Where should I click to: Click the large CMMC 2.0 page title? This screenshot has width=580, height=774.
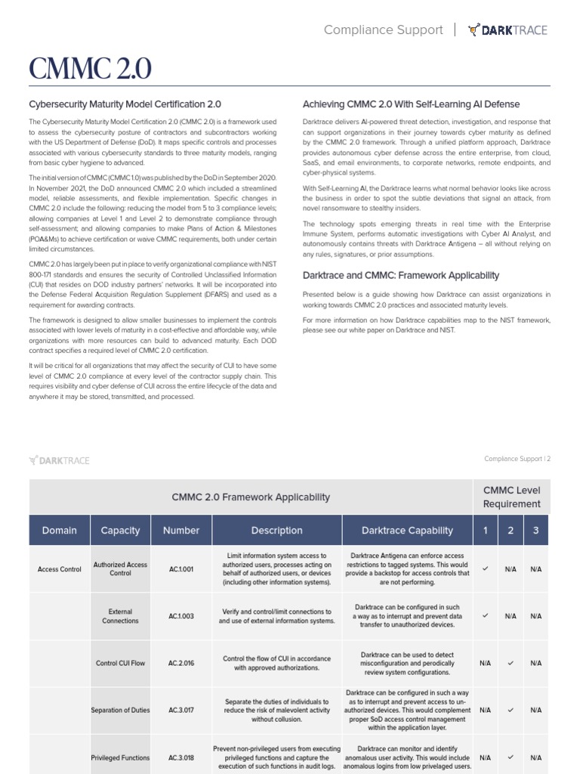(x=90, y=69)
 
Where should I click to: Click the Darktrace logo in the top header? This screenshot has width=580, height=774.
(x=507, y=30)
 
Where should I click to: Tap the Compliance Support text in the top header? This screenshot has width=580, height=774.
(x=383, y=30)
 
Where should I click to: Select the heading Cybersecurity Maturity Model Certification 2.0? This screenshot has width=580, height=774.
(x=125, y=104)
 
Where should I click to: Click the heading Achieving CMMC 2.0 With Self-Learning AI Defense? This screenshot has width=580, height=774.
(x=411, y=104)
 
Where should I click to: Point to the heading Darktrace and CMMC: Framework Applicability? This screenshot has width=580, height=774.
(x=400, y=276)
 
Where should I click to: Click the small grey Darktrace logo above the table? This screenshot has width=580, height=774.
(x=58, y=459)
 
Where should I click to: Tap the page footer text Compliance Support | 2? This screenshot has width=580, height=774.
(x=517, y=459)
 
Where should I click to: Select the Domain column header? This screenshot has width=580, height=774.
(x=60, y=531)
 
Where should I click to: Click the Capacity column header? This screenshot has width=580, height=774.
(x=120, y=531)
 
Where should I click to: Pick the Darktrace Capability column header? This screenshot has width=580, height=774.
(x=407, y=531)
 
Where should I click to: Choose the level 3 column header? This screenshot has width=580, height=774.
(x=535, y=531)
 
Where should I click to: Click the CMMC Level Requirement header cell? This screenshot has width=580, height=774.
(x=511, y=497)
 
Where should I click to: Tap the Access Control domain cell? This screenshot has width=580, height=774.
(x=60, y=569)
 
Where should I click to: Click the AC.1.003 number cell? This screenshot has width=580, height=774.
(x=181, y=616)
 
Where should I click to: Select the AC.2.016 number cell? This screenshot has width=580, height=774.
(x=181, y=663)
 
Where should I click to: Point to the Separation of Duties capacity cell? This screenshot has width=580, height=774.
(x=120, y=711)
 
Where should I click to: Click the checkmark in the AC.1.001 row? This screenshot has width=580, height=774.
(x=485, y=568)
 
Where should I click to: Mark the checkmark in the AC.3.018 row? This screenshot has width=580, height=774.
(x=511, y=757)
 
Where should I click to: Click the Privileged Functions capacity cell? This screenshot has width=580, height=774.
(x=120, y=757)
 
